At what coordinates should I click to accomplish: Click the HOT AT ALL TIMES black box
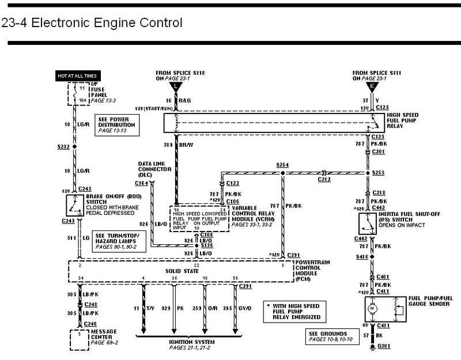(77, 75)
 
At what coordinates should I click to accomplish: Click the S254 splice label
(282, 165)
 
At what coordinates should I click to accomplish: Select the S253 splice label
(379, 172)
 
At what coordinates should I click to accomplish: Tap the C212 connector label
(325, 179)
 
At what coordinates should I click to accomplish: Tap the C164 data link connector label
(142, 183)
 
